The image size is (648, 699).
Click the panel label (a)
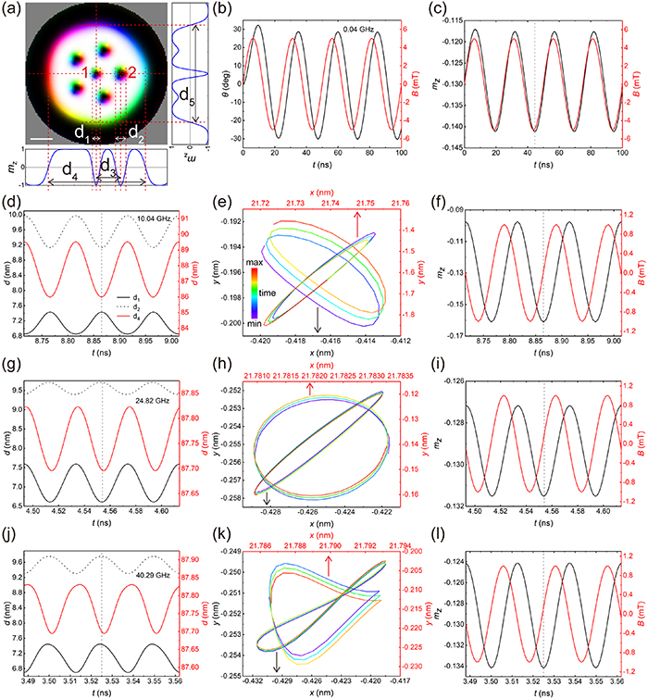pos(12,8)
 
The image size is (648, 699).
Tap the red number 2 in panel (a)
pos(132,72)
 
